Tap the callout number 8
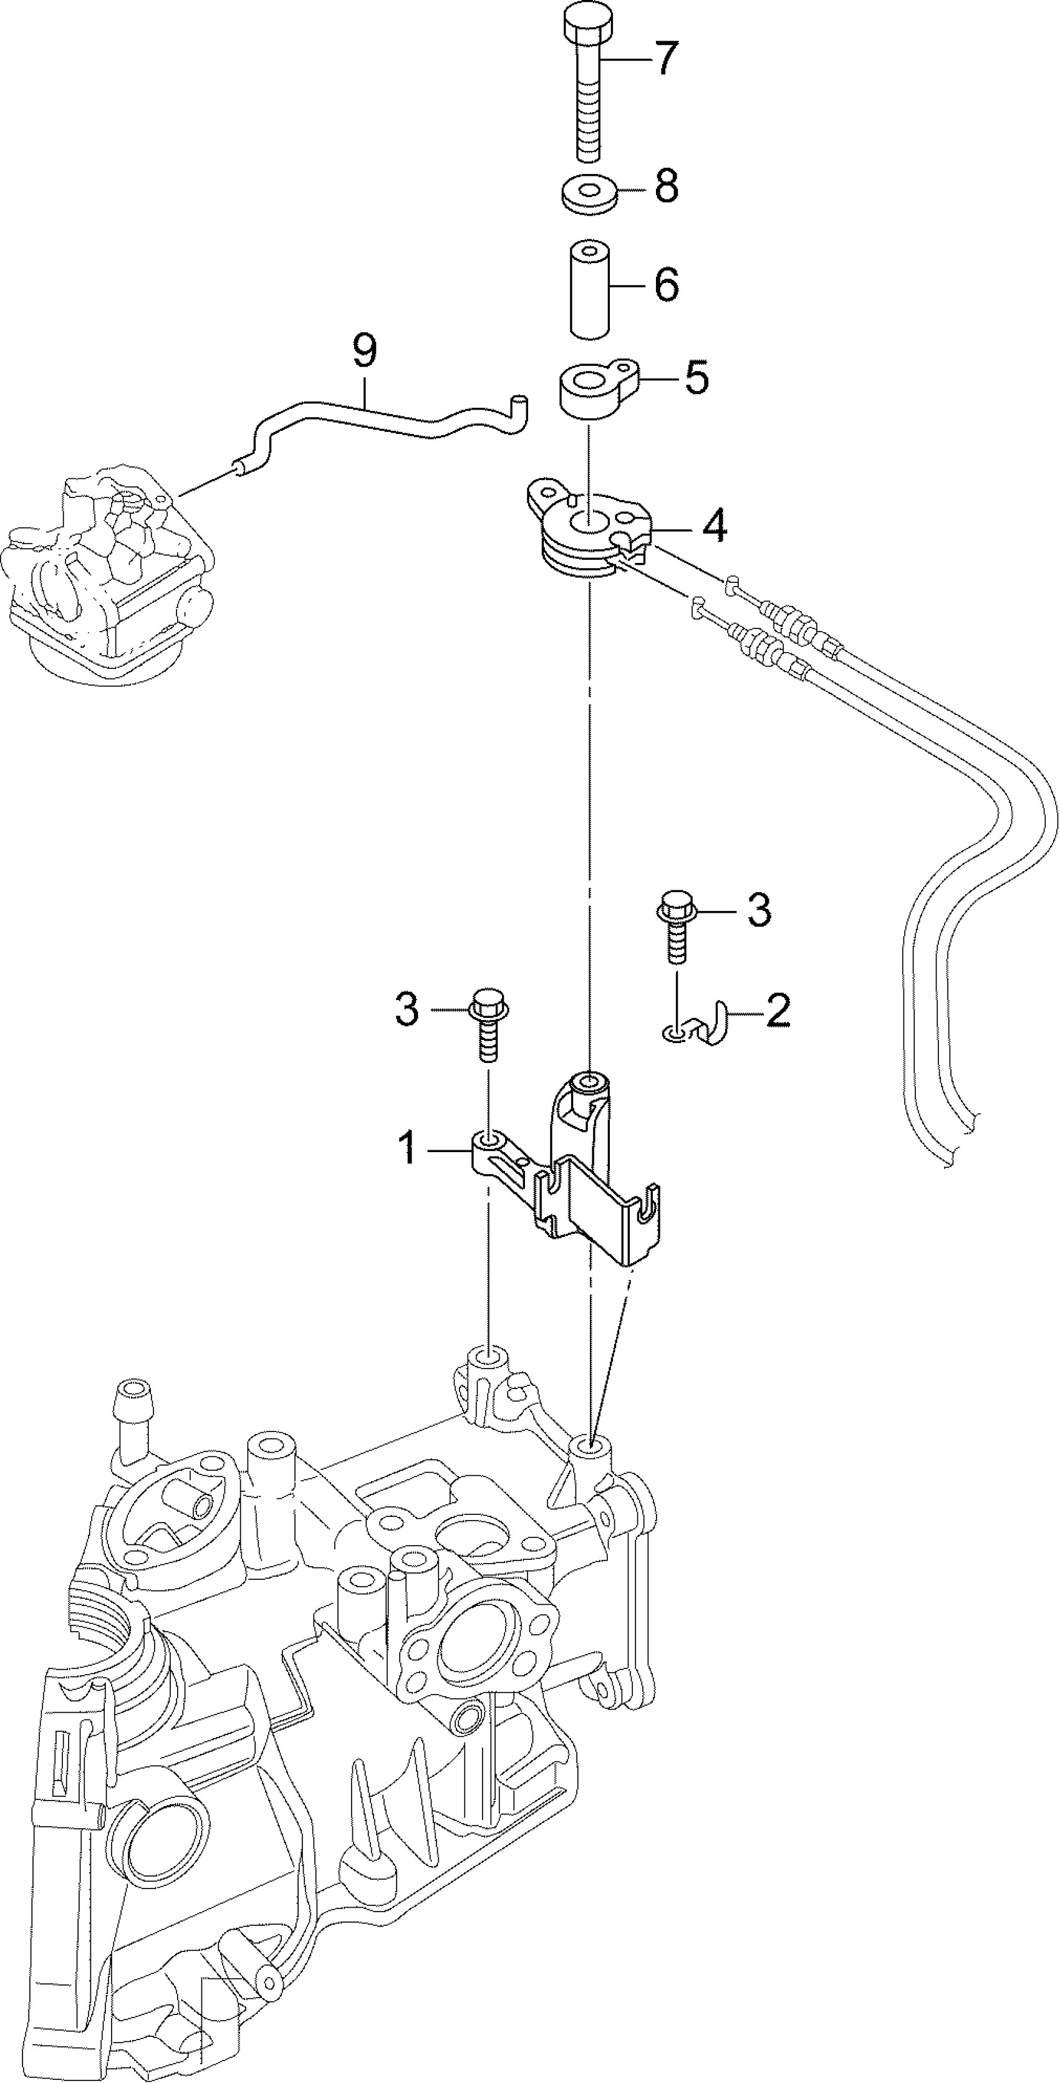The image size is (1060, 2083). [665, 187]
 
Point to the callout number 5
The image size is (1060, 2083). [696, 378]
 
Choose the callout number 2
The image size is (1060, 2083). [778, 1010]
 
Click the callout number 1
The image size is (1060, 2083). [409, 1148]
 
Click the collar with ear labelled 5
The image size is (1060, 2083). [594, 389]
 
